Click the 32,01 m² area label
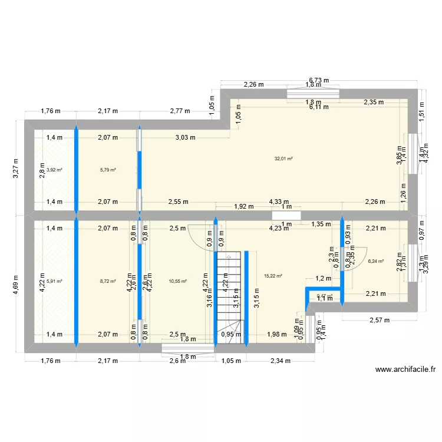283,159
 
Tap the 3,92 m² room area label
55,170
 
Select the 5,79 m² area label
108,170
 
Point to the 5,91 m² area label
55,281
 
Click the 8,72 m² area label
108,281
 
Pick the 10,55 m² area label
177,281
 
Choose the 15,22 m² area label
273,276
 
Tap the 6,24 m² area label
375,261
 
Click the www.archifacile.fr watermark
405,370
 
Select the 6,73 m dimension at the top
319,80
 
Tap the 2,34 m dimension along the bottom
281,361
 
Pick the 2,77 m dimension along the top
180,110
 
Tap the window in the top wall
313,93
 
